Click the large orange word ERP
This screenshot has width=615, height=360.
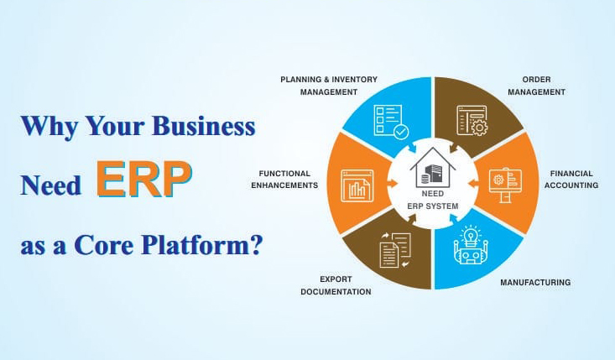[144, 179]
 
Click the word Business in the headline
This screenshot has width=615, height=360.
[204, 126]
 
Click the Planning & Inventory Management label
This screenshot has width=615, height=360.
[329, 86]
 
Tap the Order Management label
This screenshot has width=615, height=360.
[536, 86]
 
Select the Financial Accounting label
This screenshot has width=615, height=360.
[571, 180]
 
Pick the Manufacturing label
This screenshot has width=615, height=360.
[535, 282]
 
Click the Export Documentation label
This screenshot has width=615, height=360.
[336, 285]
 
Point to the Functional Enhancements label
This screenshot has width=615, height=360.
[284, 180]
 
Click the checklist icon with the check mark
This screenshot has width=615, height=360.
[391, 122]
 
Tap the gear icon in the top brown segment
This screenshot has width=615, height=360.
[479, 128]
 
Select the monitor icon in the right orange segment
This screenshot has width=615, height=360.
[505, 185]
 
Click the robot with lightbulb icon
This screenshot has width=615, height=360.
[471, 245]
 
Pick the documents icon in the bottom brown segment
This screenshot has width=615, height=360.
[395, 251]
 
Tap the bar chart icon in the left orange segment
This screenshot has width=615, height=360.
[357, 186]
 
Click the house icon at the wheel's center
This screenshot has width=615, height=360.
[433, 168]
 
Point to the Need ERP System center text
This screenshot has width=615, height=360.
[433, 200]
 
